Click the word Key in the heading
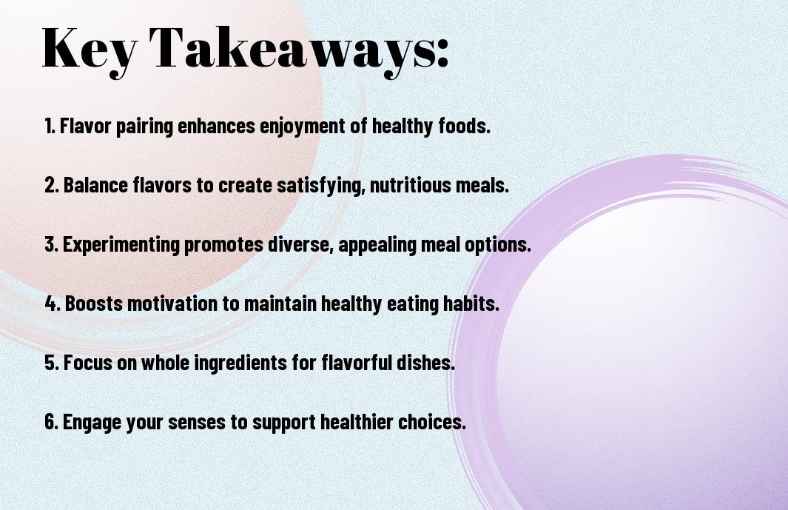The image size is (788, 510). point(90,50)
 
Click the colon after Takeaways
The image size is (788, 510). point(442,53)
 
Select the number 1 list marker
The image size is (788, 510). point(50,126)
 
